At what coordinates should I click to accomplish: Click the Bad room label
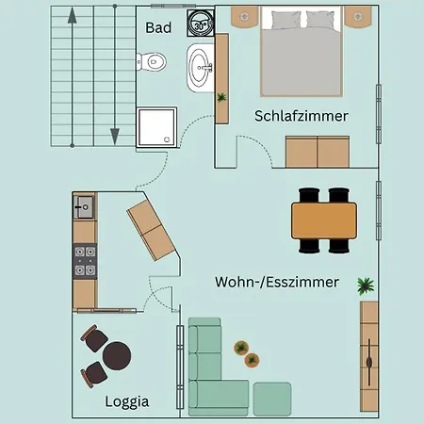pyautogui.click(x=158, y=28)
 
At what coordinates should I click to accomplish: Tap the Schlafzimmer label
pyautogui.click(x=302, y=116)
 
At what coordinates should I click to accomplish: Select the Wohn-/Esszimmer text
pyautogui.click(x=277, y=282)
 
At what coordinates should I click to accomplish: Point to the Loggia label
pyautogui.click(x=127, y=401)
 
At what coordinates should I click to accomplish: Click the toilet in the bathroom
pyautogui.click(x=153, y=62)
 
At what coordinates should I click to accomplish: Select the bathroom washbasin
pyautogui.click(x=201, y=66)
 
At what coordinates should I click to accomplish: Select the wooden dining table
pyautogui.click(x=325, y=221)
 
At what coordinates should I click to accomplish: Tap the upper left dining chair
pyautogui.click(x=309, y=196)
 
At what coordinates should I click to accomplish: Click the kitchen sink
pyautogui.click(x=85, y=205)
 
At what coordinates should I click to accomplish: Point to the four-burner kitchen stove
pyautogui.click(x=85, y=260)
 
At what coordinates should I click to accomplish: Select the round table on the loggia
pyautogui.click(x=117, y=356)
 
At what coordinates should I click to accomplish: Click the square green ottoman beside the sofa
pyautogui.click(x=273, y=399)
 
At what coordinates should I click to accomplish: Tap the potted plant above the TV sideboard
pyautogui.click(x=365, y=285)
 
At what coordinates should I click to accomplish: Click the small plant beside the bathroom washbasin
pyautogui.click(x=222, y=97)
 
